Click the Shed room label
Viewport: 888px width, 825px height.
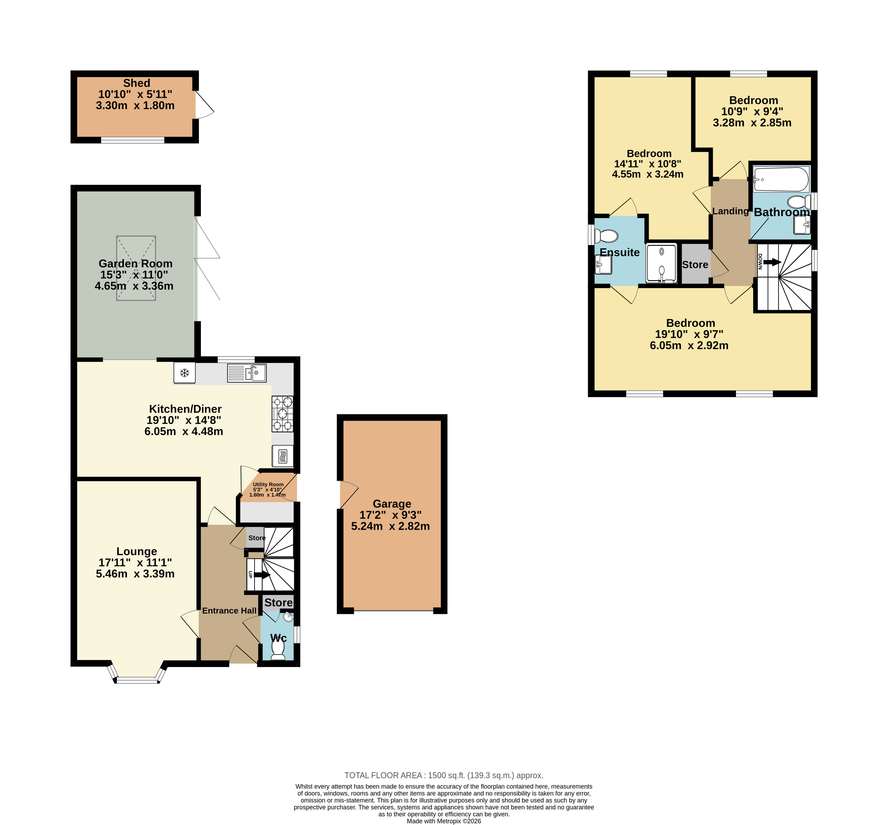point(136,83)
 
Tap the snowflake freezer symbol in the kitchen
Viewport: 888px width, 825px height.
point(184,373)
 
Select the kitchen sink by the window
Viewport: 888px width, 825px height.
point(247,373)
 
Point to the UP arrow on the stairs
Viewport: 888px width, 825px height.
point(262,575)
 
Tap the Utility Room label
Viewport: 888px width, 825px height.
point(268,484)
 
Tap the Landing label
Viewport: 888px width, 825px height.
point(730,211)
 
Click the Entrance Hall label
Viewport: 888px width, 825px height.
point(229,611)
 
